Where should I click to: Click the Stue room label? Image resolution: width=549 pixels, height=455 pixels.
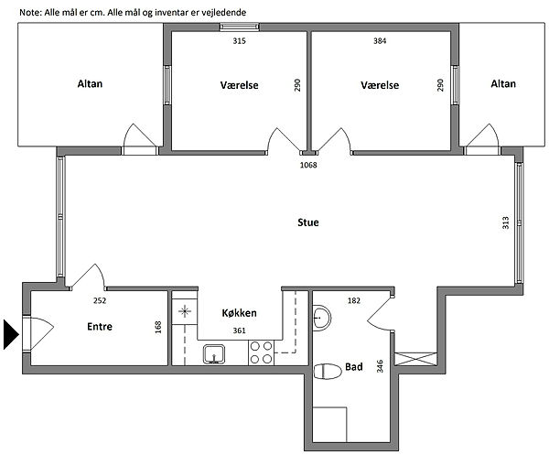pos(308,222)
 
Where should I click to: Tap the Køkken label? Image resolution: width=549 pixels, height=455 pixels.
pos(239,312)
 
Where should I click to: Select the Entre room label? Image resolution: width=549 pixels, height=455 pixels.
pos(100,327)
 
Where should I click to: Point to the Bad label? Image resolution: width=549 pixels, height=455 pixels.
pos(353,367)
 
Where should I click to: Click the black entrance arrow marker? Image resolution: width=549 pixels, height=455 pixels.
pos(10,334)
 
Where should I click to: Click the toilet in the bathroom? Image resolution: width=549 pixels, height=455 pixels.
pos(328,372)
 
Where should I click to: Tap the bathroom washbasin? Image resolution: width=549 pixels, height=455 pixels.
pos(321,318)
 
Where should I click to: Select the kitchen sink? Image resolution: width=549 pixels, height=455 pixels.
pos(214,354)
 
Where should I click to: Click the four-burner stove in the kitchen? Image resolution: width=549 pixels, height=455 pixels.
pos(261,352)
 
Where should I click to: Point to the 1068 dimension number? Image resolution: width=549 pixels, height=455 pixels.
pos(308,165)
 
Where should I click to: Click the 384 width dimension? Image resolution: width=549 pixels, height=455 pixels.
pos(380,41)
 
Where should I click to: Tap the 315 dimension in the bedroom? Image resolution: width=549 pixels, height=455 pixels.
pos(239,41)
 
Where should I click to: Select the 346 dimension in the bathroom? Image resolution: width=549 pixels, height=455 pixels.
pos(380,366)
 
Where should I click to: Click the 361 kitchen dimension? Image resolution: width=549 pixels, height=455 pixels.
pos(239,330)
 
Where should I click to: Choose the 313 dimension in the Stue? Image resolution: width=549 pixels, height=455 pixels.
pos(506,222)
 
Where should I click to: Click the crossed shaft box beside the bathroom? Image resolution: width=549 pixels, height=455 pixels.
pos(415,359)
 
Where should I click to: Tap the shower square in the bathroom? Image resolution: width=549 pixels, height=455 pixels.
pos(329,425)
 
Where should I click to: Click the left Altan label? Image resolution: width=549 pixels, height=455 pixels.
pos(90,83)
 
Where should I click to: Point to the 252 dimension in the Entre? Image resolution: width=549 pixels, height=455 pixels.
pos(100,300)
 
